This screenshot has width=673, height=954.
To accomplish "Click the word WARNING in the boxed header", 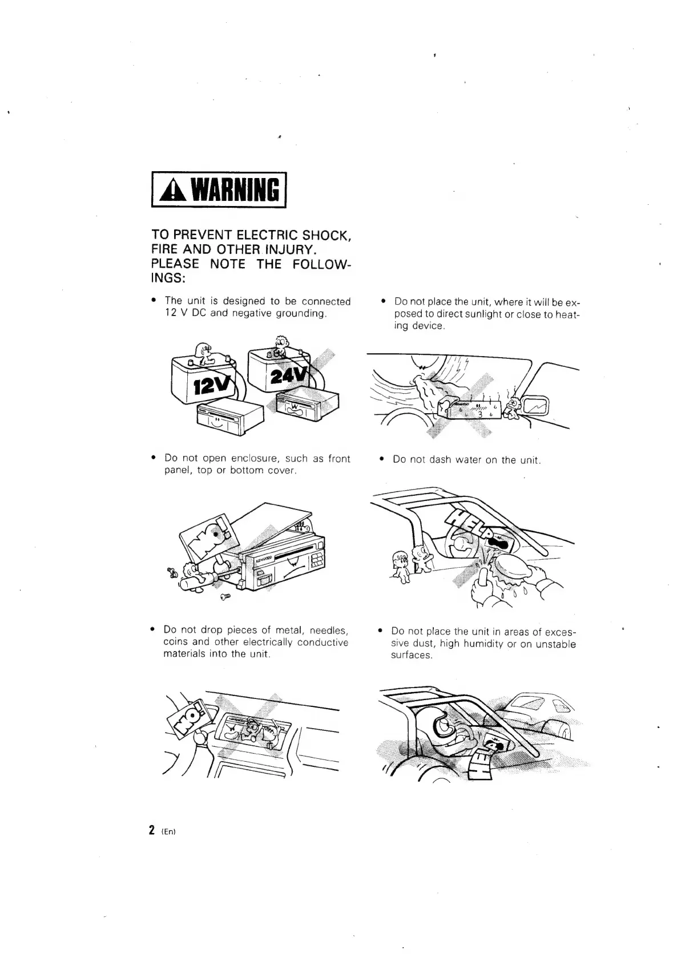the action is pos(234,191).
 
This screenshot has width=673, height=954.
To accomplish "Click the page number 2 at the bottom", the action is pos(151,830).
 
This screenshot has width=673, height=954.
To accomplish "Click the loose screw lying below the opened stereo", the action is pos(225,597).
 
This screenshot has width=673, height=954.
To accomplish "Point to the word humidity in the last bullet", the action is pos(481,644).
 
